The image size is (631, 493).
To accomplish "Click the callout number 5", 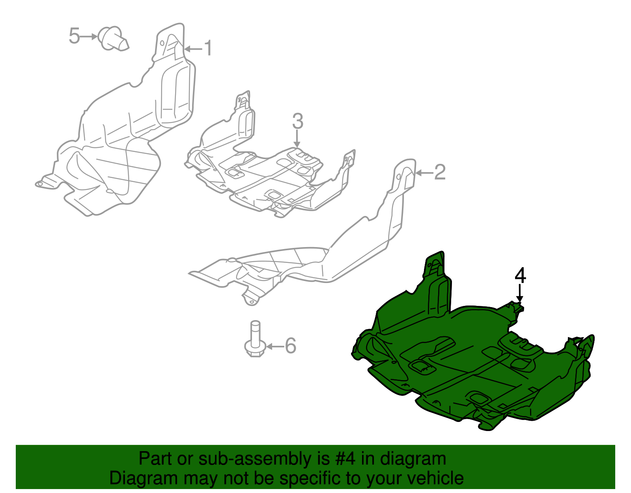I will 74,36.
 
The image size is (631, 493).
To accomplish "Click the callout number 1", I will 208,49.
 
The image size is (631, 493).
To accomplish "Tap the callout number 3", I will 298,121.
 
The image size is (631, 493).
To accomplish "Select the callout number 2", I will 440,172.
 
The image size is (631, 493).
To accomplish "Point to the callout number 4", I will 520,276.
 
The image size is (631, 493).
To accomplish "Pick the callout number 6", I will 290,346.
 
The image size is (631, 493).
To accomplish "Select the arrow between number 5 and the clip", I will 89,36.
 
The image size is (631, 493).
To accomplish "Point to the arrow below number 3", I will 297,139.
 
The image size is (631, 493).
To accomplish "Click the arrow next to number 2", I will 424,173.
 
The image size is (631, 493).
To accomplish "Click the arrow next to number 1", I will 193,49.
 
